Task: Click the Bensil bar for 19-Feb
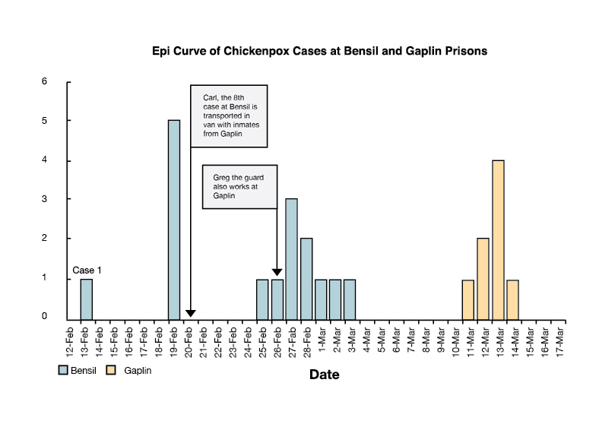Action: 174,220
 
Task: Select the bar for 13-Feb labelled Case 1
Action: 86,299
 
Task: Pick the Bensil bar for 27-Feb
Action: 291,259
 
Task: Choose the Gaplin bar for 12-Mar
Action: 483,279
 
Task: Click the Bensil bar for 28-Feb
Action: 306,279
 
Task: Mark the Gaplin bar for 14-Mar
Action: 512,299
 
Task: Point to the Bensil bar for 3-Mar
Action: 350,299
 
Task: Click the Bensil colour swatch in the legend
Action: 65,370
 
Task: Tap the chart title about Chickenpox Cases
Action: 319,52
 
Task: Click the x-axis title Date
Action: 324,375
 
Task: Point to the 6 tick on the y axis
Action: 45,81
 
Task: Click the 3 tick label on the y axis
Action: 45,199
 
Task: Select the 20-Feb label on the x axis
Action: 189,340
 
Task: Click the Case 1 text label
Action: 87,270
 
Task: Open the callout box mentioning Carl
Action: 228,115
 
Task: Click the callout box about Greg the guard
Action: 239,185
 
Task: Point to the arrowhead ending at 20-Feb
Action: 190,313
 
